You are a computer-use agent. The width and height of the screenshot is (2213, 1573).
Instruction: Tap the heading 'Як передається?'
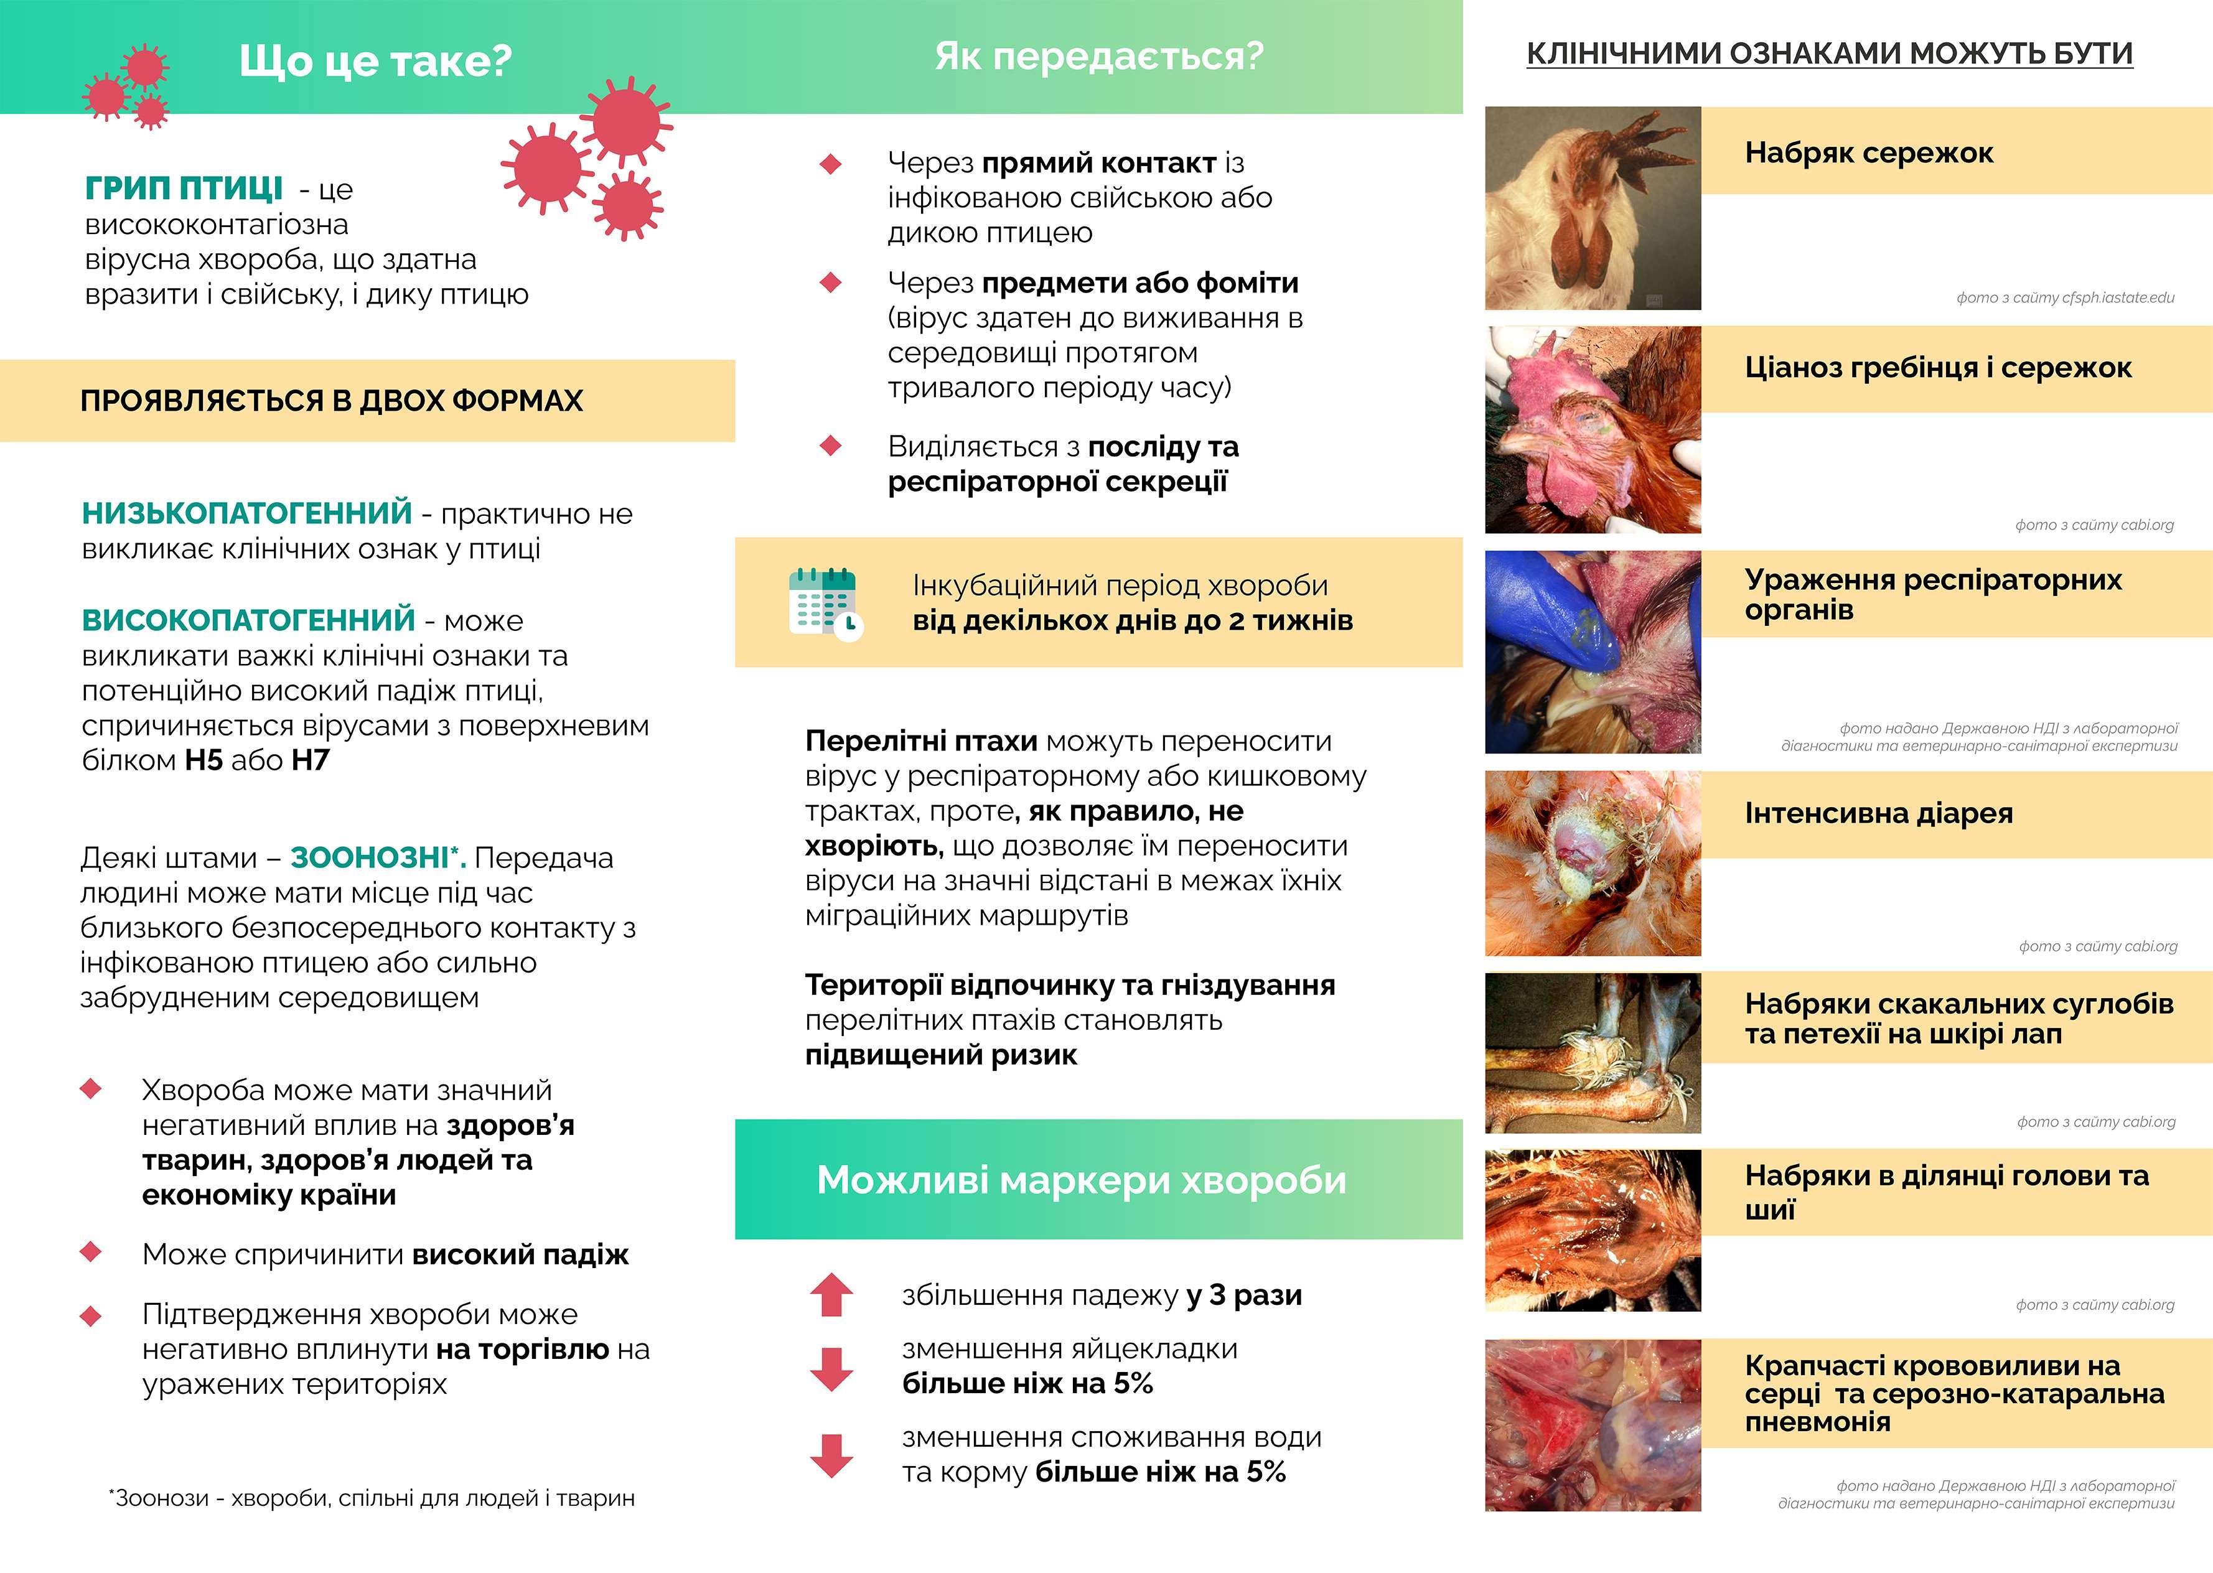pos(1098,56)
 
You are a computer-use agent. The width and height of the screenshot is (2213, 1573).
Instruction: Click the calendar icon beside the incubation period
pos(824,604)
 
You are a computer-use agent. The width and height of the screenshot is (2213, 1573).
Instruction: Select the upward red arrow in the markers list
pos(831,1295)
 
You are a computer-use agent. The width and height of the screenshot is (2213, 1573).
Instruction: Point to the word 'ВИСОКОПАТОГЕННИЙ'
pos(249,620)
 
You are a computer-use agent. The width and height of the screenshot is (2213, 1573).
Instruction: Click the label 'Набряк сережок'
pos(1868,153)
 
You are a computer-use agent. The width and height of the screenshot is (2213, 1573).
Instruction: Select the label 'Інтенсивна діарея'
pos(1878,814)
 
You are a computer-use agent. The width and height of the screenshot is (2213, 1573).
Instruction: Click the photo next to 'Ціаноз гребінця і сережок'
pos(1592,429)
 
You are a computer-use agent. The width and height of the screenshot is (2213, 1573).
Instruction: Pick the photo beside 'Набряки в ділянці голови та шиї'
pos(1592,1230)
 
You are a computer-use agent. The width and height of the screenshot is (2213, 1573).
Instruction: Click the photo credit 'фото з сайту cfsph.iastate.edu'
pos(2065,297)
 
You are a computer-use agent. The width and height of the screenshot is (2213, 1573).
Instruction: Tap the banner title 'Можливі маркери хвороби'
pos(1081,1180)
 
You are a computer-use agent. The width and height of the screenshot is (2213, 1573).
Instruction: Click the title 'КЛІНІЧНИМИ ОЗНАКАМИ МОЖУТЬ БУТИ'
pos(1830,54)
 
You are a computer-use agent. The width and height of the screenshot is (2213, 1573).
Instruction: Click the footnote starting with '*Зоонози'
pos(372,1498)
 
